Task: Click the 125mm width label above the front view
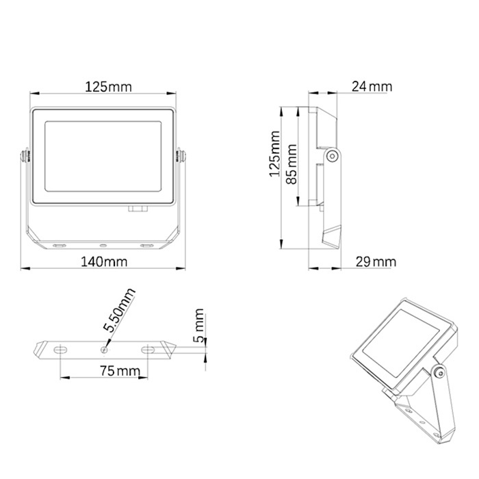pos(107,87)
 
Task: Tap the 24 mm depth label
pos(372,86)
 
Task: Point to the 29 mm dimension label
pos(375,262)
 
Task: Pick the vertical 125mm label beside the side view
pos(274,156)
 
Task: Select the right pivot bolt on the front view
pos(181,156)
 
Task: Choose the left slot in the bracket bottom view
pos(60,350)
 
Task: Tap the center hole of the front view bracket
pos(103,244)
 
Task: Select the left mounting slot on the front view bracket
pos(60,244)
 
